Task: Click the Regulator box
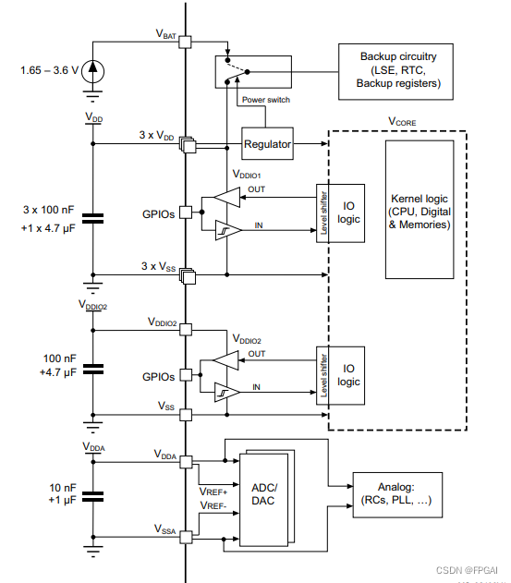click(267, 144)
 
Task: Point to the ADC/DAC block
click(263, 495)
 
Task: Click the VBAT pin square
click(185, 42)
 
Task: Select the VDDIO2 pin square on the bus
click(185, 327)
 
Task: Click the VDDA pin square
click(185, 460)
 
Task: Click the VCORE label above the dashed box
click(404, 121)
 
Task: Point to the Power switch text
click(266, 100)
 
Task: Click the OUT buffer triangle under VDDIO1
click(225, 194)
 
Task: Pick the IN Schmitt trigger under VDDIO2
click(225, 391)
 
